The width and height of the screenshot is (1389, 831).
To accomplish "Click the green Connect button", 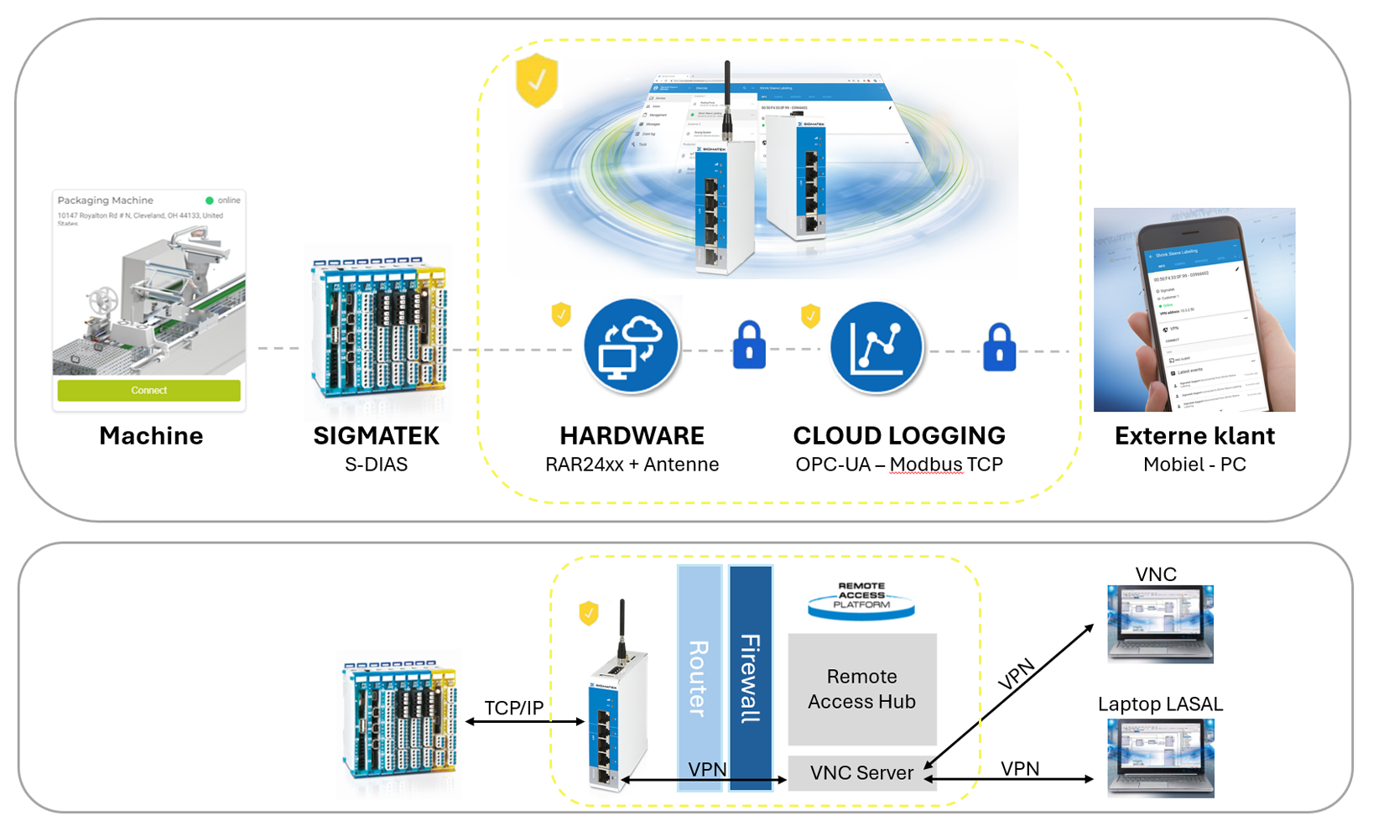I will tap(148, 390).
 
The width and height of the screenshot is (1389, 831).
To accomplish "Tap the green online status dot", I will tap(210, 200).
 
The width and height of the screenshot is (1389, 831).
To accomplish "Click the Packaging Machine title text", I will tap(105, 200).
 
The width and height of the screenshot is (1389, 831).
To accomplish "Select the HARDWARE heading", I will tap(632, 435).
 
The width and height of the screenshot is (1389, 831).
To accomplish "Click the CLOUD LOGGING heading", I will tap(898, 435).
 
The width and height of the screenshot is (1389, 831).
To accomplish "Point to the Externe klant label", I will tap(1194, 435).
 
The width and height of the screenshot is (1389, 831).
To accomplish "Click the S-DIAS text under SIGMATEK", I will tap(376, 465).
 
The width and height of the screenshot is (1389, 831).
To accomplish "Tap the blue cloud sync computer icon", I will tap(631, 345).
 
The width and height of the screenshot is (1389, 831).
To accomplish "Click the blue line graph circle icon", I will tap(877, 346).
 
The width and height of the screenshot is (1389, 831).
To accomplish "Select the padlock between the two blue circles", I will tap(749, 345).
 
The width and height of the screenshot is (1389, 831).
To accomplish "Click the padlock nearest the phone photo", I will tap(999, 347).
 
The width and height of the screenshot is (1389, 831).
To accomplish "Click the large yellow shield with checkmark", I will tap(537, 81).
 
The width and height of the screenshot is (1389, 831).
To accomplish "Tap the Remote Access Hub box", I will tap(861, 688).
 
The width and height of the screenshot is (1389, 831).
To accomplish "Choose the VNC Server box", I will tap(861, 772).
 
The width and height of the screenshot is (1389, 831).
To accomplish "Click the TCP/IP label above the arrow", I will tap(513, 708).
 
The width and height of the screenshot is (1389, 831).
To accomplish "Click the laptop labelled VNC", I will tap(1160, 624).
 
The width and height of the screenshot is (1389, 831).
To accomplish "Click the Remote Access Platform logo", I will tap(861, 598).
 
